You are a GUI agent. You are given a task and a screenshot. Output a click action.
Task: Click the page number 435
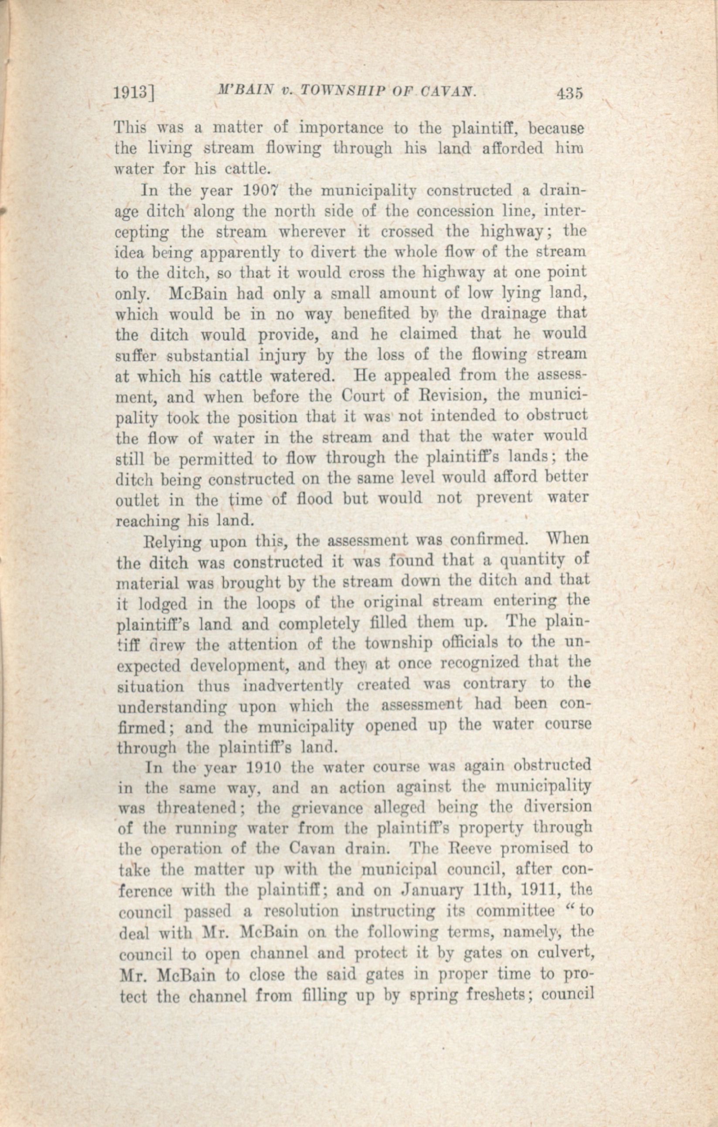(x=569, y=93)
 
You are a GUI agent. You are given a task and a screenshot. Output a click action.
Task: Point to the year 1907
(x=262, y=191)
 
